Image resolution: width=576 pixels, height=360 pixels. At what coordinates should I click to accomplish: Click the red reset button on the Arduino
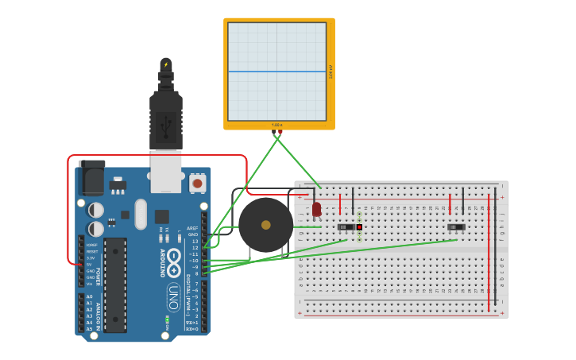coord(197,184)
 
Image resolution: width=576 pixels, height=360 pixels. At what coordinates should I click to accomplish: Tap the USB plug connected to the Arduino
coord(166,111)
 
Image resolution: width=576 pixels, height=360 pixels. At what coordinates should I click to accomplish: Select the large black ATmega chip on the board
coord(115,285)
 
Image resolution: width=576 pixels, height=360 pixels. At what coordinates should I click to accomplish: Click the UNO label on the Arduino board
coord(172,297)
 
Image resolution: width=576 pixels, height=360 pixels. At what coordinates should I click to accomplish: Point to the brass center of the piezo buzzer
coord(265,225)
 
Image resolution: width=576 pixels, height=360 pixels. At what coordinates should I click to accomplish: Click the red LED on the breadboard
coord(316,209)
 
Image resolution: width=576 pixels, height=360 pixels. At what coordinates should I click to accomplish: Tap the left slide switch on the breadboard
coord(346,227)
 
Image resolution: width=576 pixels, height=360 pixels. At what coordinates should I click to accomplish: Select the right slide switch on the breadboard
coord(456,227)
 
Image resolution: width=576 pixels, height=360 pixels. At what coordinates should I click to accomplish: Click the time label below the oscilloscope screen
coord(276,125)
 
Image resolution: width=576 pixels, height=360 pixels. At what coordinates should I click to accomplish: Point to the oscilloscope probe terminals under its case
coord(276,134)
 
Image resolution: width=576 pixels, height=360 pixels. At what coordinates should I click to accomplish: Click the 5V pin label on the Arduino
coord(91,264)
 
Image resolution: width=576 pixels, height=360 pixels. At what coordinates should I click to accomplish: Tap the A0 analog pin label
coord(90,296)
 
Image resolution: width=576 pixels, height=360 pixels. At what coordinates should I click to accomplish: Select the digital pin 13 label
coord(195,241)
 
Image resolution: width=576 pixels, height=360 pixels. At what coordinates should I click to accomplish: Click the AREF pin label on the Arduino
coord(193,228)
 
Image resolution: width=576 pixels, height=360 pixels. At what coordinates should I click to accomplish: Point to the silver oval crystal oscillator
coord(141,214)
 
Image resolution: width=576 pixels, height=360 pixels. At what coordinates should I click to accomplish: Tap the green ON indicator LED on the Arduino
coord(168,320)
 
